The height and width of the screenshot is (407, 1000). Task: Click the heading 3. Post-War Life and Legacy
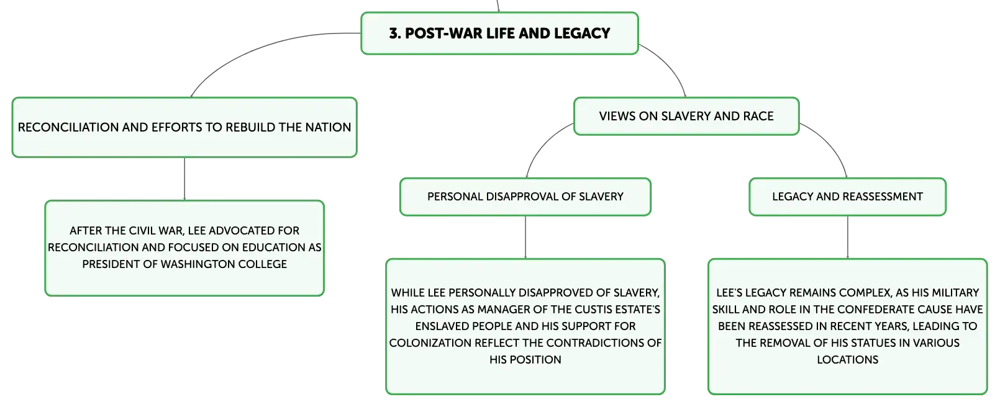click(499, 34)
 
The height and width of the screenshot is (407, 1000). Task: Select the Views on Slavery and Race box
click(686, 117)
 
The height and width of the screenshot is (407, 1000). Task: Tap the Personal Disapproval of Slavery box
click(525, 197)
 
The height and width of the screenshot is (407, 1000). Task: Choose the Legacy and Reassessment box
click(847, 197)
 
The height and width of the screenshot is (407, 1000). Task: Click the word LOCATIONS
click(847, 360)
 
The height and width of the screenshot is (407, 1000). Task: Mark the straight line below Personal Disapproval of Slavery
click(525, 237)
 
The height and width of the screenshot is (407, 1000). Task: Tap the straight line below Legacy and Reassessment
click(847, 237)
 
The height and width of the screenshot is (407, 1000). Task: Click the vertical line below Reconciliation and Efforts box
click(184, 179)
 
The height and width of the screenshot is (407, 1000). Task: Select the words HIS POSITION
click(525, 360)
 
